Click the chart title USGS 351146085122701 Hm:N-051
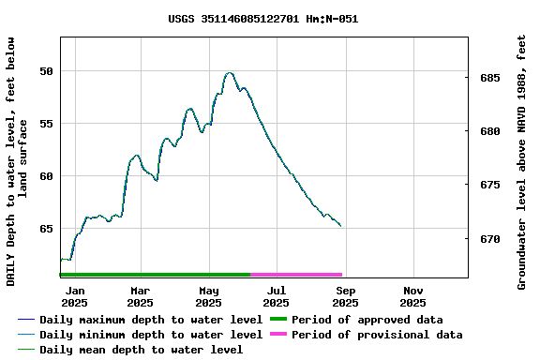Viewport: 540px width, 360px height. coord(262,19)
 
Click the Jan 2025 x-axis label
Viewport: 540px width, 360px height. coord(74,296)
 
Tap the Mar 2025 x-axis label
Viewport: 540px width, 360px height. coord(140,296)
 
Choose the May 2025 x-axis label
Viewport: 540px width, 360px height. coord(208,296)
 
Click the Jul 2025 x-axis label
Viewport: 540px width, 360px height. coord(276,296)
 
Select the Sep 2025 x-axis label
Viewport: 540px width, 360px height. coord(345,296)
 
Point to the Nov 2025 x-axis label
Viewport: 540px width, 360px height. coord(412,296)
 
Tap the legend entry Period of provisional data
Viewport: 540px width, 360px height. coord(376,335)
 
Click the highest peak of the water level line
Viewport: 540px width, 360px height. coord(229,72)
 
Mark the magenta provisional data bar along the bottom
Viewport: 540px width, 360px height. coord(296,275)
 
